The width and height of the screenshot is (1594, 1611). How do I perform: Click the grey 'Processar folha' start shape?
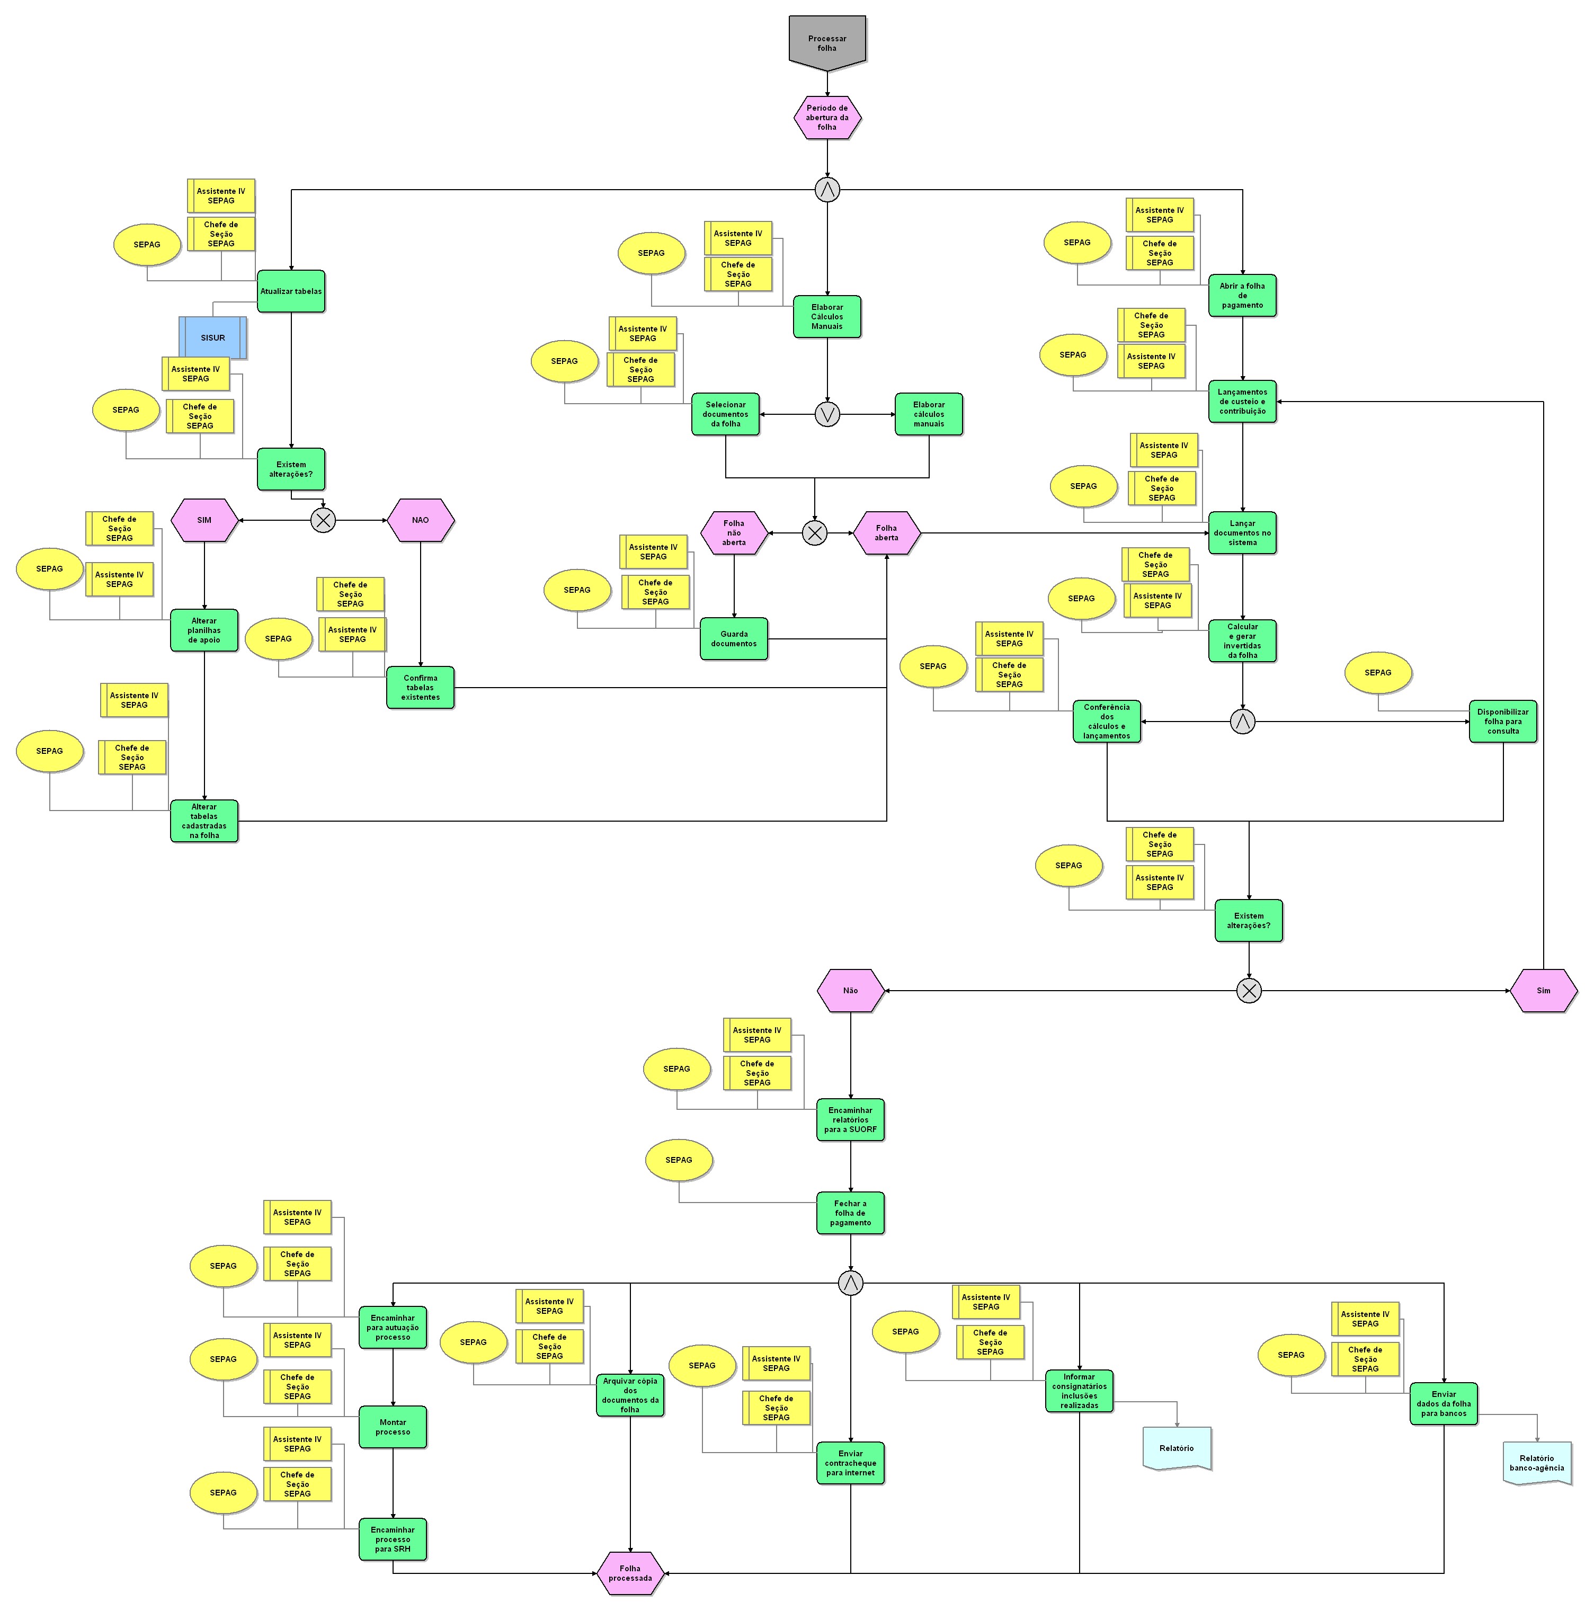point(826,42)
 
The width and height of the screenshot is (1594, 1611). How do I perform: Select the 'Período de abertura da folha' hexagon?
point(826,118)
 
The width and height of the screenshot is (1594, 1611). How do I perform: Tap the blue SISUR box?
point(212,337)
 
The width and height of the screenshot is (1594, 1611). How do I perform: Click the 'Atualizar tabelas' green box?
point(290,291)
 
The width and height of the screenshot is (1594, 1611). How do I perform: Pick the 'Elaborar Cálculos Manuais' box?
point(826,317)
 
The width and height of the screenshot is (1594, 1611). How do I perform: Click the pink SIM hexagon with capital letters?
point(204,520)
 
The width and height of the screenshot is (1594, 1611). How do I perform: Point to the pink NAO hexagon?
point(420,520)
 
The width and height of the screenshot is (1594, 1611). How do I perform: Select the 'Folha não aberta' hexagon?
point(734,533)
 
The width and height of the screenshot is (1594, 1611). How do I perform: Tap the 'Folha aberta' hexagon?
point(886,533)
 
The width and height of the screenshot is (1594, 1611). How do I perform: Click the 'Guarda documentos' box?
point(734,639)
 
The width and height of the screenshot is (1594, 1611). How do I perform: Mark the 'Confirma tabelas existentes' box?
point(420,688)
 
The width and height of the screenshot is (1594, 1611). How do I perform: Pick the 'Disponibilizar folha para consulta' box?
point(1502,722)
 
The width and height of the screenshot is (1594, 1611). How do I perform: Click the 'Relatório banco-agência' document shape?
point(1536,1463)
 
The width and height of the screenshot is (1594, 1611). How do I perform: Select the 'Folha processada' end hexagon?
point(630,1573)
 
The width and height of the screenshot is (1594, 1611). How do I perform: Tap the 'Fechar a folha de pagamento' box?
point(850,1213)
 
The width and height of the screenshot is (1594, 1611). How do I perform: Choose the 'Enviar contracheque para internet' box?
point(850,1463)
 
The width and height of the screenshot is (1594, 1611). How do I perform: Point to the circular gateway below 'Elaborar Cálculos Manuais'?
point(826,414)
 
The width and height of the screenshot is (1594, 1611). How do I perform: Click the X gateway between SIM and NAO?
point(323,520)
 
